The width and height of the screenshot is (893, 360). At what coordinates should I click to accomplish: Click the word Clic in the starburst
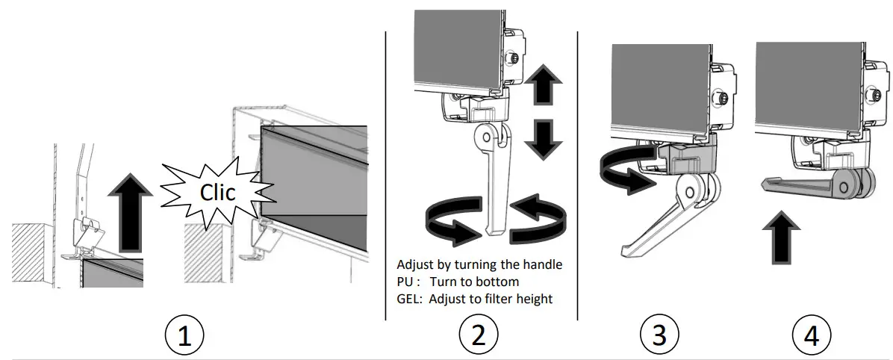pos(216,193)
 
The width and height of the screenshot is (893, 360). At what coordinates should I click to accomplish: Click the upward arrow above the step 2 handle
pos(542,86)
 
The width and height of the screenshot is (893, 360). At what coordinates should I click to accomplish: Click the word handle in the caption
pos(542,265)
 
